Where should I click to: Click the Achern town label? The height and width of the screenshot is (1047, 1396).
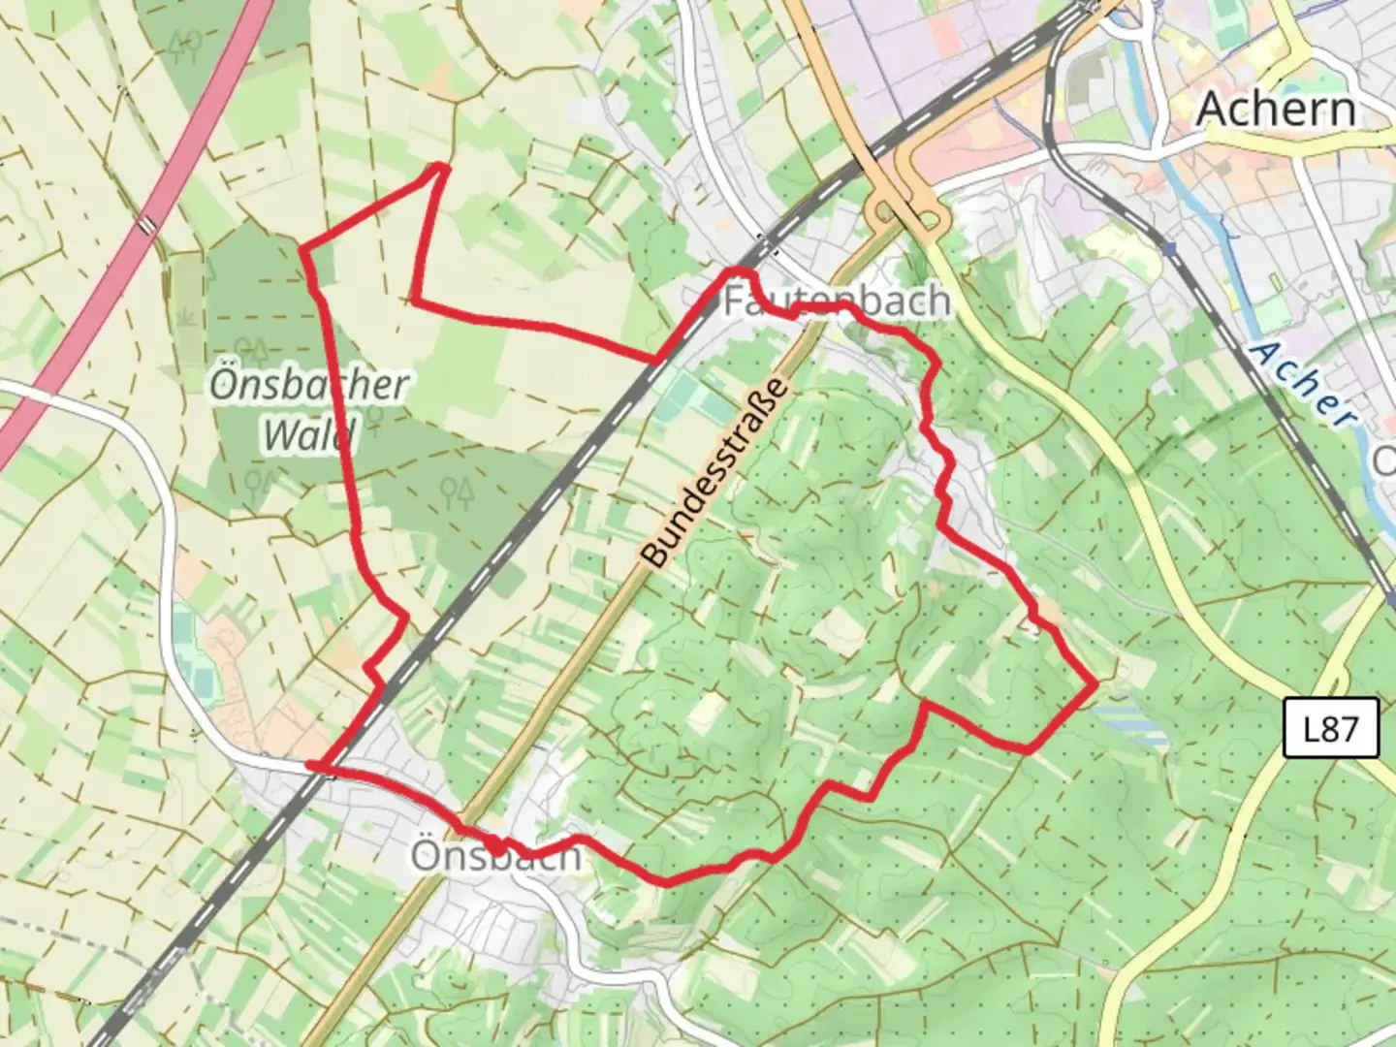1275,109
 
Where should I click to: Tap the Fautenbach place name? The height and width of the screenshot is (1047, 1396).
836,301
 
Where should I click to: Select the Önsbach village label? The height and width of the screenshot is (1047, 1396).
495,857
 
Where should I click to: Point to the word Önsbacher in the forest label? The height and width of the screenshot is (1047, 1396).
309,385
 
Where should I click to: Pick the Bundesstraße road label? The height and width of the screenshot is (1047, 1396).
715,472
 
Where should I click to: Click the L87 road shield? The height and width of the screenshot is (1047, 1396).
1330,727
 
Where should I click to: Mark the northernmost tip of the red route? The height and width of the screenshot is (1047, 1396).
442,167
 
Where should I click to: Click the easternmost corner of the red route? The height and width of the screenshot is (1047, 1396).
1095,683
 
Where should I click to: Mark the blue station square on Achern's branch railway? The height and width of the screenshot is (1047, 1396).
1170,249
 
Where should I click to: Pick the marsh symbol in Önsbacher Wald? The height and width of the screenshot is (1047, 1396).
186,316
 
